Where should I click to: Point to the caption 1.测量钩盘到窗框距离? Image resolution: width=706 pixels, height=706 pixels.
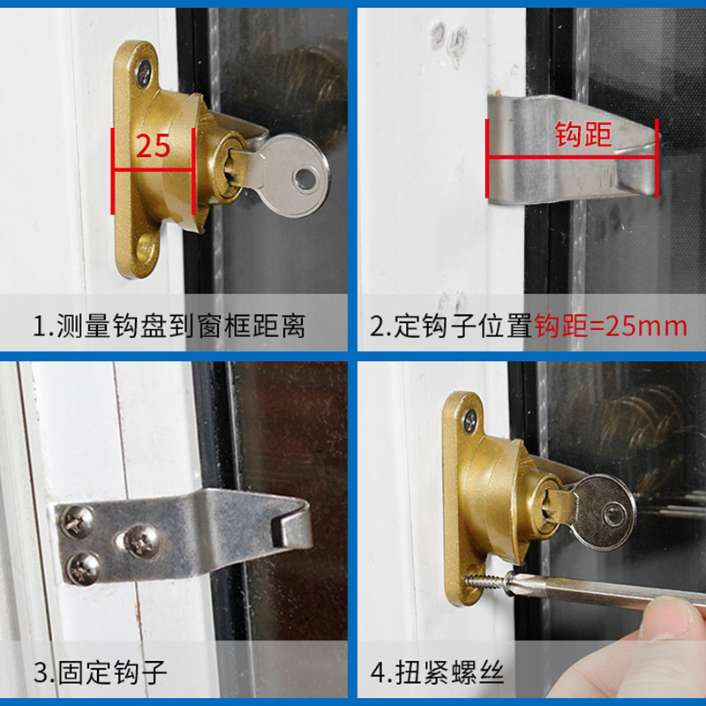169,327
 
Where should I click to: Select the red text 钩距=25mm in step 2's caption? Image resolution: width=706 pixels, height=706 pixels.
610,327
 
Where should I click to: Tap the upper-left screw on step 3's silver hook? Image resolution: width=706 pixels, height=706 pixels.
78,522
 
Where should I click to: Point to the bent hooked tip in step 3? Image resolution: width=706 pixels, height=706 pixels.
296,529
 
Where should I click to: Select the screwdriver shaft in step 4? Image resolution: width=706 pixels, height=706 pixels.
609,591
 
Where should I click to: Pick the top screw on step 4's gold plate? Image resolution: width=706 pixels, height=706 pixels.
469,418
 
